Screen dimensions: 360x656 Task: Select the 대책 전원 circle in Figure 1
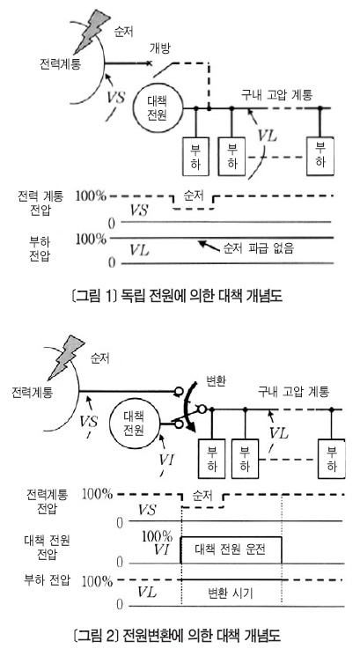pyautogui.click(x=158, y=108)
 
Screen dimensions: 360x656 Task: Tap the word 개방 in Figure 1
pyautogui.click(x=161, y=48)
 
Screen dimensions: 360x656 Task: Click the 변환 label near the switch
pyautogui.click(x=217, y=382)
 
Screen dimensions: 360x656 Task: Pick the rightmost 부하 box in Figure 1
pyautogui.click(x=320, y=155)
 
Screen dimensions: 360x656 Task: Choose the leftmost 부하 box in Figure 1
pyautogui.click(x=195, y=156)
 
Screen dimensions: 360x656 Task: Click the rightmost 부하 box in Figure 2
pyautogui.click(x=332, y=458)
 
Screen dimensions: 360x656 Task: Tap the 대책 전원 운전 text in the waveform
pyautogui.click(x=230, y=549)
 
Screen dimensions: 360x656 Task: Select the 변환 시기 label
pyautogui.click(x=231, y=593)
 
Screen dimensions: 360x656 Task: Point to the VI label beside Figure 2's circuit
pyautogui.click(x=166, y=460)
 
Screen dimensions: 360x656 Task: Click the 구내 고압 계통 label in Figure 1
pyautogui.click(x=276, y=95)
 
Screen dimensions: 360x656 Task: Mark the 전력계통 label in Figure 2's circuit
pyautogui.click(x=33, y=394)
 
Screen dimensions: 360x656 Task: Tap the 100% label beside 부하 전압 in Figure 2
pyautogui.click(x=98, y=580)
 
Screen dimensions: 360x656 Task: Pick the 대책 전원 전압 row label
pyautogui.click(x=47, y=547)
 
